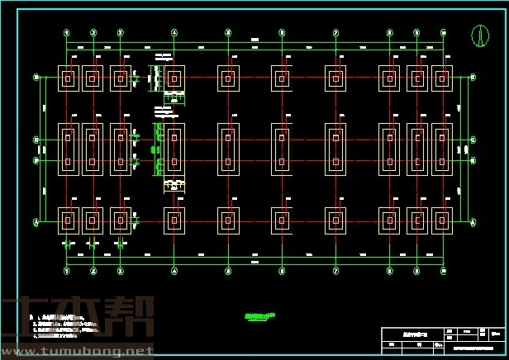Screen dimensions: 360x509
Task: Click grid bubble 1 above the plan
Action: [66, 33]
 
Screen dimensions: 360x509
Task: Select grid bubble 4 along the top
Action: [174, 33]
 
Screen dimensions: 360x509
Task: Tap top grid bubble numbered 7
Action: [335, 33]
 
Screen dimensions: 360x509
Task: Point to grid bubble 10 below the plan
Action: [443, 270]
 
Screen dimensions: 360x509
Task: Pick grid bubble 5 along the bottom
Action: [228, 270]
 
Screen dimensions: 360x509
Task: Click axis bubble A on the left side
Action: [36, 222]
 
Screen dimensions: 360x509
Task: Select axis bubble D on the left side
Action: [36, 78]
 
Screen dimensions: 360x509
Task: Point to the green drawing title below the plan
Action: [259, 315]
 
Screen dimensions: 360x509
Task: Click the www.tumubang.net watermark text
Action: [78, 352]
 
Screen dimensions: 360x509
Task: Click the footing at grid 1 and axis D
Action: [68, 78]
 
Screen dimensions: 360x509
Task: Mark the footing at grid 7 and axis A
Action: [335, 221]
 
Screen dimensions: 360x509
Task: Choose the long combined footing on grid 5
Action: [229, 149]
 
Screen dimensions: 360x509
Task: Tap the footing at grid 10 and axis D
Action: [442, 78]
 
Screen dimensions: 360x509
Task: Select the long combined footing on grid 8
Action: [389, 149]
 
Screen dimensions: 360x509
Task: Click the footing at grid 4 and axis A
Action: [174, 221]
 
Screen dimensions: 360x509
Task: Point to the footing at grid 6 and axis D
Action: [282, 78]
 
